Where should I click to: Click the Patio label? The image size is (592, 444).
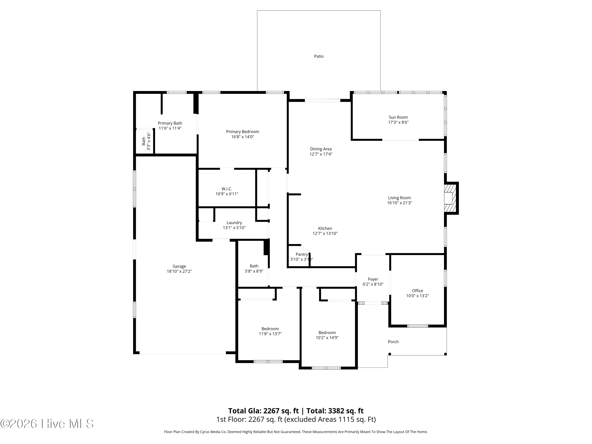click(319, 56)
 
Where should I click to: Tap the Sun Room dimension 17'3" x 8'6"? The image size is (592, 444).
click(398, 122)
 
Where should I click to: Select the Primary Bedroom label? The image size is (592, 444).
click(243, 132)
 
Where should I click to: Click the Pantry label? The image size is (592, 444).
click(302, 254)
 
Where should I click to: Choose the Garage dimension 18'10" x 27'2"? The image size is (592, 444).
click(179, 271)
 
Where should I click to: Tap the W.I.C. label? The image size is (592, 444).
click(227, 189)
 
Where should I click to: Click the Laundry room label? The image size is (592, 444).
click(234, 223)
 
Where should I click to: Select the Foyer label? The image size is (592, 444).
click(373, 279)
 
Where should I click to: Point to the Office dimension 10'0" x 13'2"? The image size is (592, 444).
click(418, 296)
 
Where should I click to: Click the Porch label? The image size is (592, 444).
click(393, 342)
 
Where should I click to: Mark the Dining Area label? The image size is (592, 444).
click(321, 149)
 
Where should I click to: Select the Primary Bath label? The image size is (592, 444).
click(170, 123)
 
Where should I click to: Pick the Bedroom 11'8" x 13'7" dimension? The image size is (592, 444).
click(270, 334)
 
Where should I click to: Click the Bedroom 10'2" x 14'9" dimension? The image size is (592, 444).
click(327, 338)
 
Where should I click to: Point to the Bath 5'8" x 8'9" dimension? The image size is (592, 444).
click(254, 271)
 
